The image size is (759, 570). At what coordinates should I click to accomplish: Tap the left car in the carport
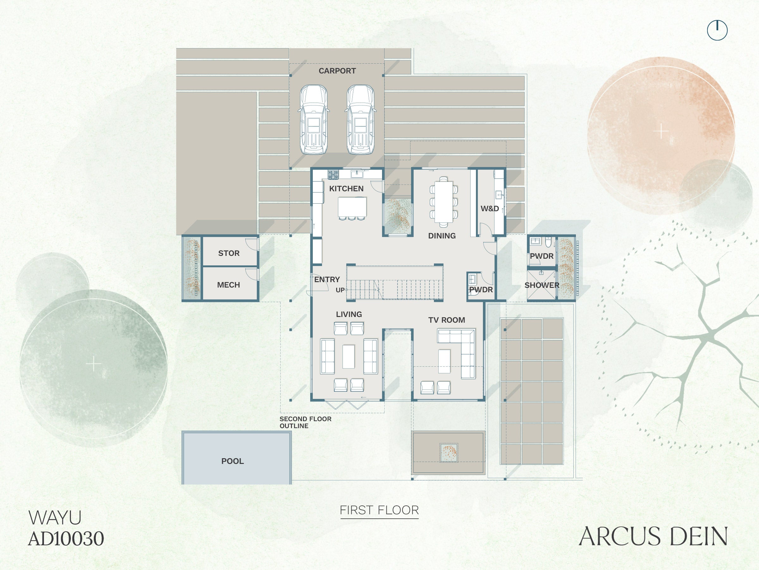click(314, 120)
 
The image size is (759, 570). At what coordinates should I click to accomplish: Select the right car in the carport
click(360, 120)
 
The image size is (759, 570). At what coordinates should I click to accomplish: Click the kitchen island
click(352, 206)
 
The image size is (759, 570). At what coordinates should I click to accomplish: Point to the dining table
click(444, 201)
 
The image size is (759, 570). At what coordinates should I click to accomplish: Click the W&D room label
click(490, 209)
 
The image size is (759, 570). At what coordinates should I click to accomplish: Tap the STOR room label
click(229, 253)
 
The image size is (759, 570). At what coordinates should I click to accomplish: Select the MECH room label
click(229, 285)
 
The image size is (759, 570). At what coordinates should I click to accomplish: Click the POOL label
click(233, 461)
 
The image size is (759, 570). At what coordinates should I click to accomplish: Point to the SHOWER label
click(542, 285)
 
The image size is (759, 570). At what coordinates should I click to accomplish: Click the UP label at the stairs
click(340, 290)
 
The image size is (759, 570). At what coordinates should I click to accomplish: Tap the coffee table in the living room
click(349, 357)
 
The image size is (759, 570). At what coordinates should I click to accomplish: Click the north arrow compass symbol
click(717, 30)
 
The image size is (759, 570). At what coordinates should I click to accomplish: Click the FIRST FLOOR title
click(379, 510)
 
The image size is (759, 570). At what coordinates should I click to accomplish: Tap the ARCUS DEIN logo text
click(653, 536)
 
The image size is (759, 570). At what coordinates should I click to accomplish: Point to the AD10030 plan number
click(66, 538)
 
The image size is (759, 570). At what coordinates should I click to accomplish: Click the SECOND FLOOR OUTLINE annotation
click(305, 422)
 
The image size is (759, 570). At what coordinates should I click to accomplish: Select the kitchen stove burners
click(333, 174)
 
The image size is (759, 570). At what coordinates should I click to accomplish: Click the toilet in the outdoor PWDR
click(548, 242)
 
